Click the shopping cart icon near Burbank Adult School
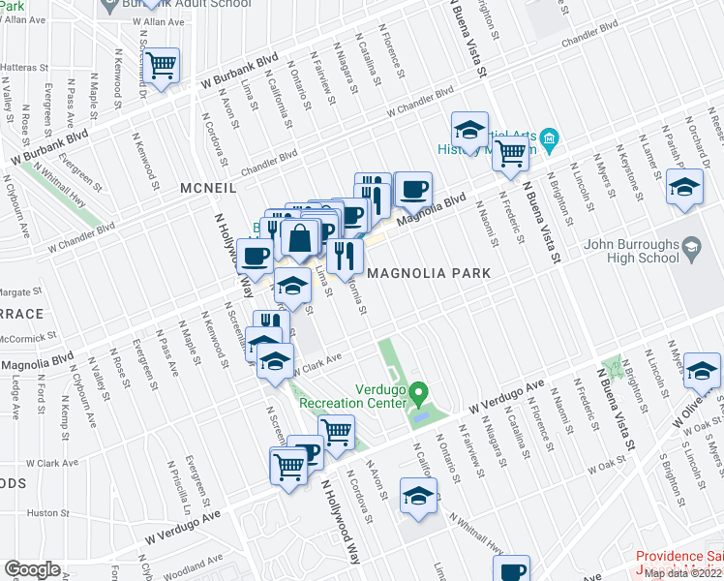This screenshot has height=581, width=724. click(x=162, y=66)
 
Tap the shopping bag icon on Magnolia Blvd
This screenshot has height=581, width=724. click(x=301, y=237)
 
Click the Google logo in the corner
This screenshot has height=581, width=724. click(x=33, y=569)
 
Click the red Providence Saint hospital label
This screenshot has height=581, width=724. click(x=679, y=557)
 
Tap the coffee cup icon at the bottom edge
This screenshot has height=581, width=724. click(x=511, y=569)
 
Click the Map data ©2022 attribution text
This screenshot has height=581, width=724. click(x=683, y=573)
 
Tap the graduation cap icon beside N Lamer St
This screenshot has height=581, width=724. click(x=684, y=187)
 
